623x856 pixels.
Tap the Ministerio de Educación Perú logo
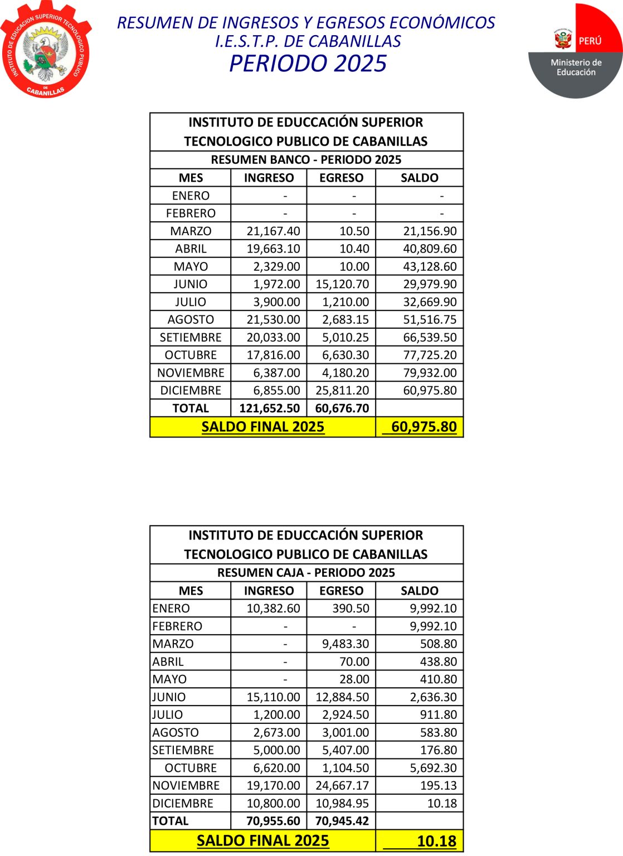pyautogui.click(x=576, y=52)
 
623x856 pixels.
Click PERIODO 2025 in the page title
pyautogui.click(x=308, y=64)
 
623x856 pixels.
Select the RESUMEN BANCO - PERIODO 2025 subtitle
pyautogui.click(x=306, y=160)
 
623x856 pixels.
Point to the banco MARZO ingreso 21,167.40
pyautogui.click(x=273, y=231)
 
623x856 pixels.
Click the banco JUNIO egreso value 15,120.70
pyautogui.click(x=342, y=284)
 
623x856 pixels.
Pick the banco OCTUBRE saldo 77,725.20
pyautogui.click(x=430, y=355)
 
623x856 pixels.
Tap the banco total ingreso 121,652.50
pyautogui.click(x=269, y=408)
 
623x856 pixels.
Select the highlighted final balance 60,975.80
pyautogui.click(x=424, y=427)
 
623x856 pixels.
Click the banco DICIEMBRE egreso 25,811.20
pyautogui.click(x=342, y=391)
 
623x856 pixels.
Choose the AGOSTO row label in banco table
pyautogui.click(x=191, y=320)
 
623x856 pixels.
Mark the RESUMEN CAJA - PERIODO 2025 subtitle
pyautogui.click(x=306, y=573)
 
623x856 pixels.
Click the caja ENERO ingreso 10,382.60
pyautogui.click(x=273, y=609)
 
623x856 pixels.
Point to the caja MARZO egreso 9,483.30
pyautogui.click(x=345, y=644)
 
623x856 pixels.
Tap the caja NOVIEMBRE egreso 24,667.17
pyautogui.click(x=342, y=786)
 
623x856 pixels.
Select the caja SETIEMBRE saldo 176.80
pyautogui.click(x=439, y=750)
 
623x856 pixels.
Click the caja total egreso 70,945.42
pyautogui.click(x=342, y=821)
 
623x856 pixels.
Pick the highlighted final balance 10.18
pyautogui.click(x=436, y=841)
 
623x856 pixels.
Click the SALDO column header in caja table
pyautogui.click(x=419, y=591)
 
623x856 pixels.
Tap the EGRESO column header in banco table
pyautogui.click(x=341, y=178)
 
